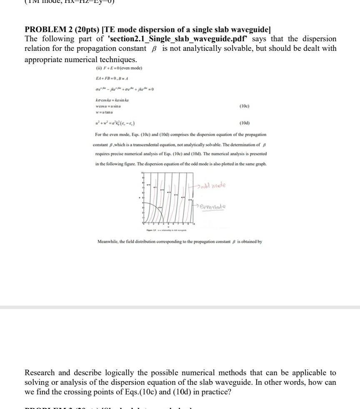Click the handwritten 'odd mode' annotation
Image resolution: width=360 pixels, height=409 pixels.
click(x=213, y=185)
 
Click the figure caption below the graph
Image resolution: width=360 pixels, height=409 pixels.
click(x=166, y=230)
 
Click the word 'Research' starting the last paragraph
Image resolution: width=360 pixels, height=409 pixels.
click(x=41, y=372)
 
